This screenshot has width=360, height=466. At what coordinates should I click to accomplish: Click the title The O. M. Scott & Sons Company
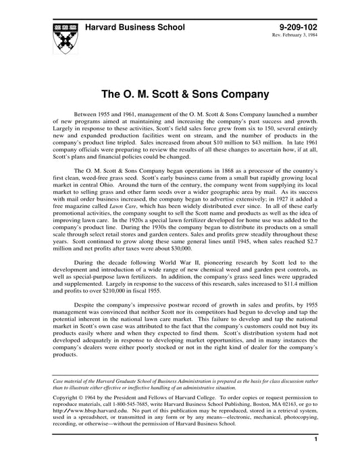pos(180,93)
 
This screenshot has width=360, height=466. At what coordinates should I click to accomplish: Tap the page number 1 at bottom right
pos(315,459)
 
